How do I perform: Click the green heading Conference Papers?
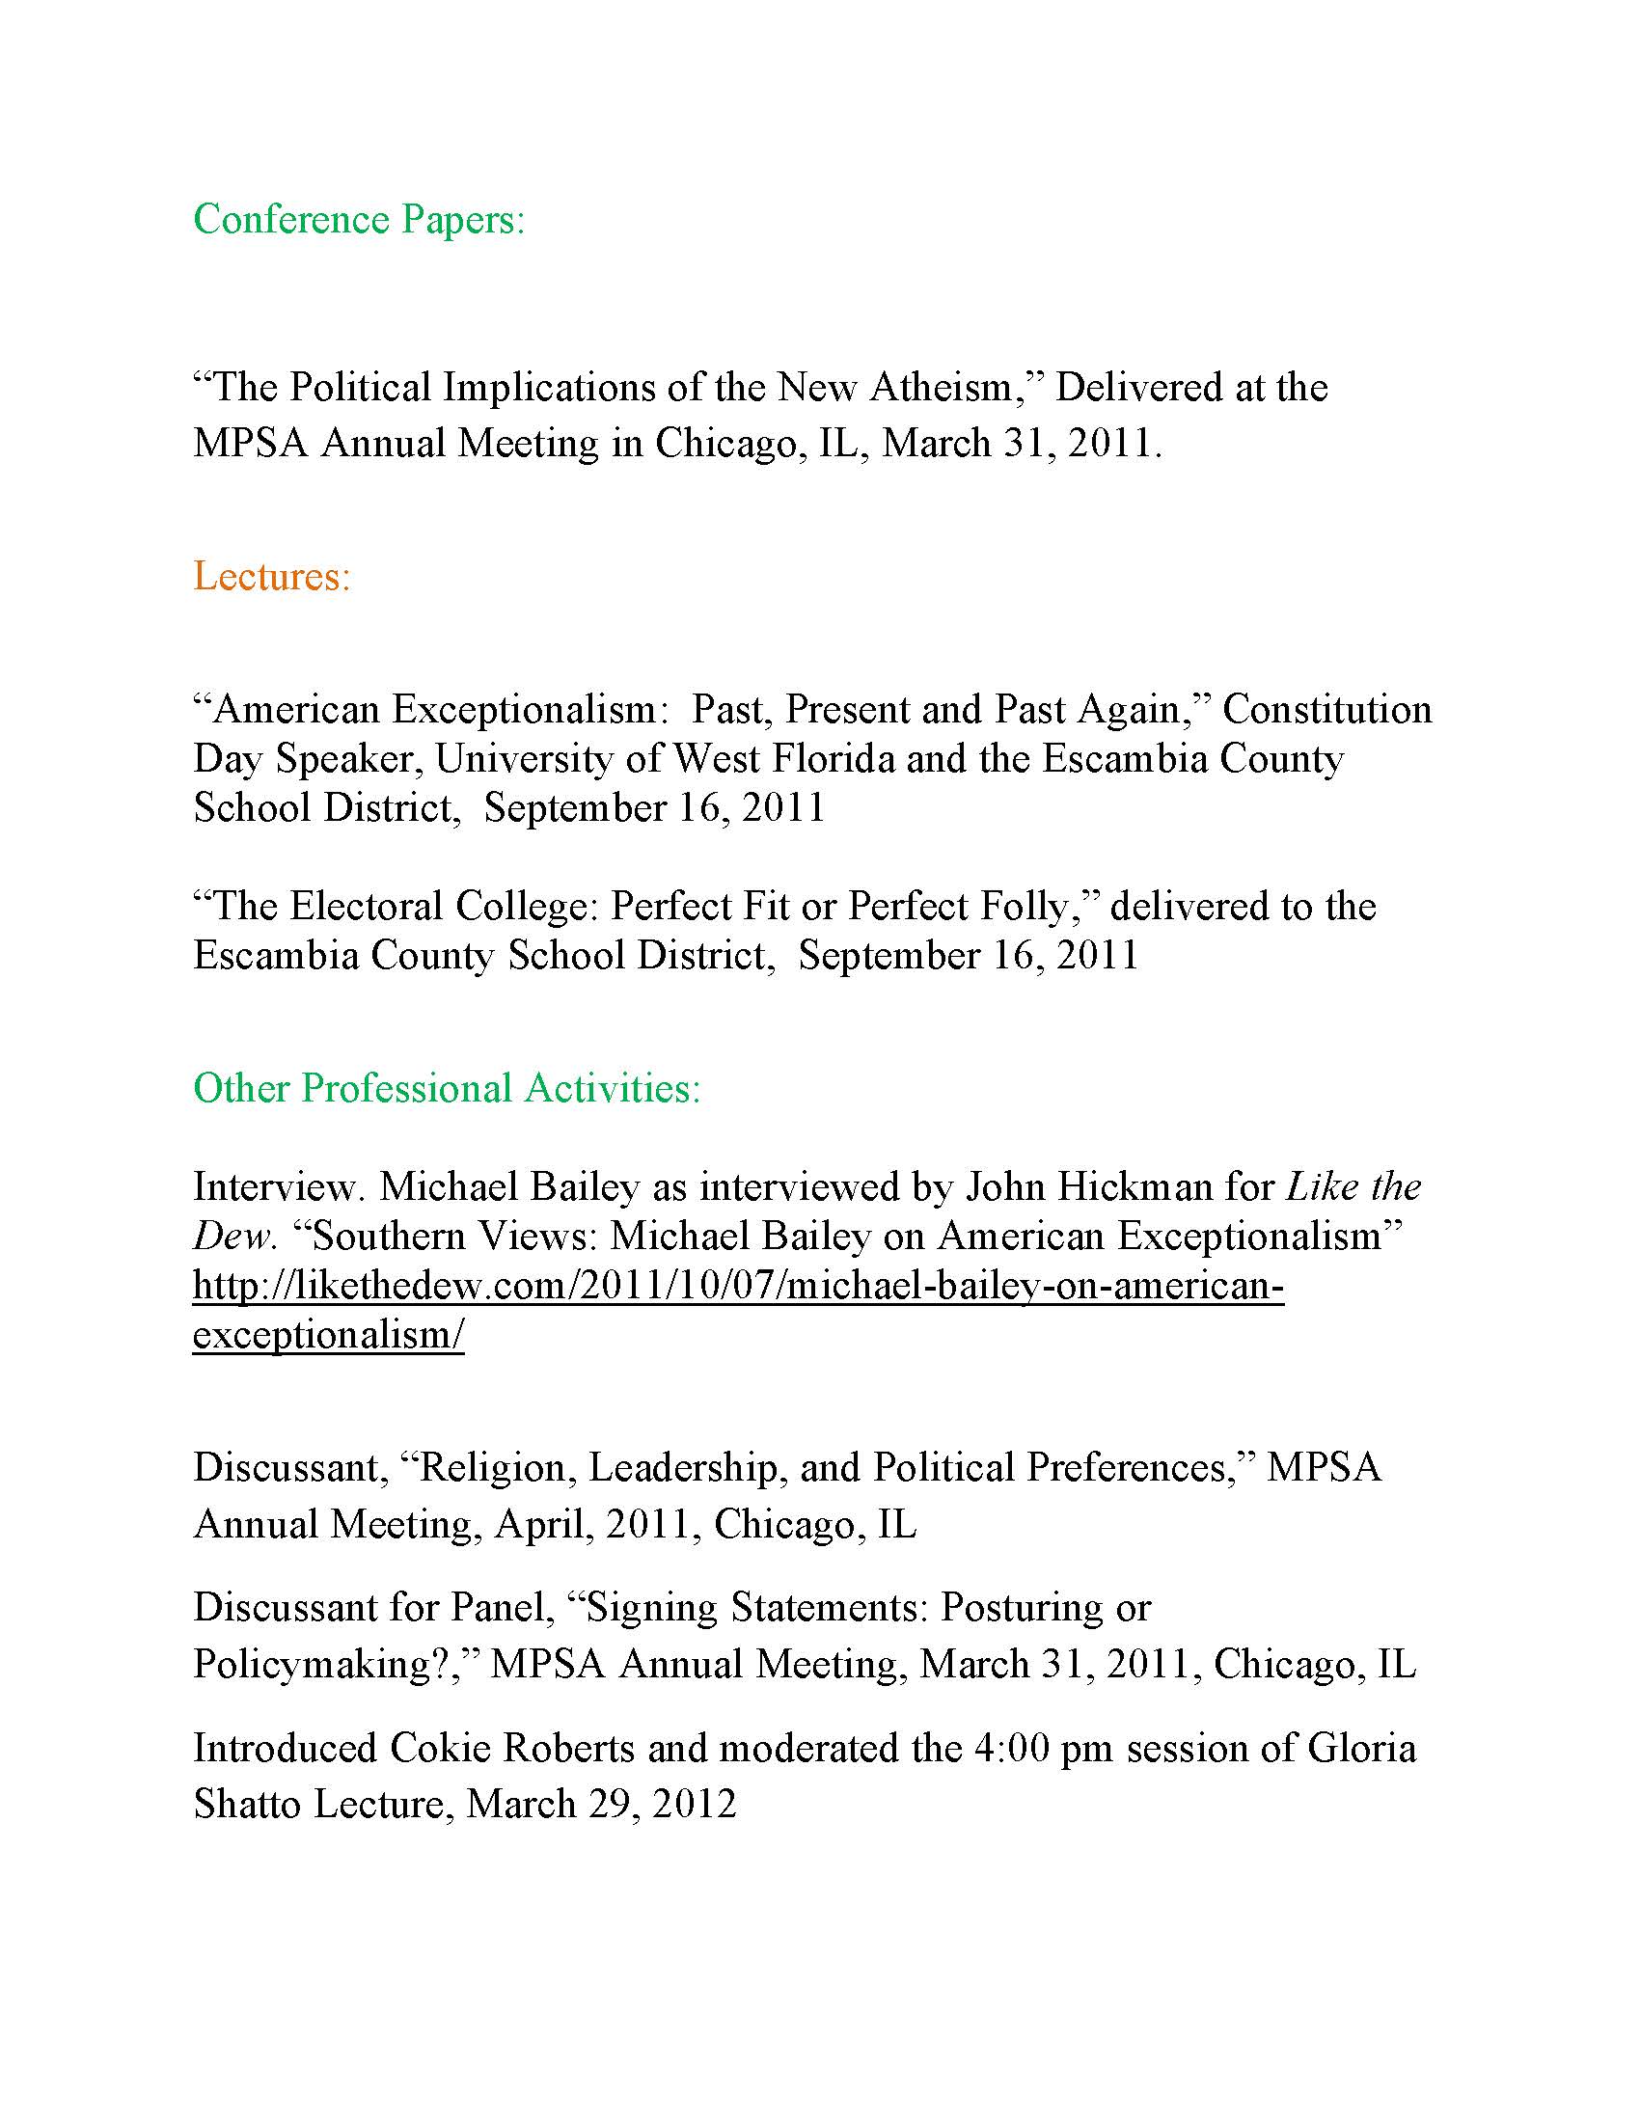click(359, 221)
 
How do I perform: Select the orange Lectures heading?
click(271, 576)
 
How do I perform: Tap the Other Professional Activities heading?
click(447, 1088)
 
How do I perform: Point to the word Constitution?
click(1327, 709)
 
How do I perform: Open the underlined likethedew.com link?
click(738, 1286)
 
